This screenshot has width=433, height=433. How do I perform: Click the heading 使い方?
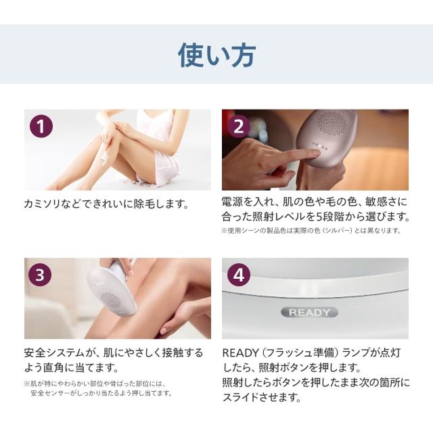point(216,55)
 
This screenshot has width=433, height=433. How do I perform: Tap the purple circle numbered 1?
point(41,127)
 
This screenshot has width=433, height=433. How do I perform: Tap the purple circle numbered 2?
point(239,127)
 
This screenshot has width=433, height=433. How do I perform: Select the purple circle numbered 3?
point(40,275)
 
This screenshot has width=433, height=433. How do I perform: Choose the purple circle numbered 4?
point(239,275)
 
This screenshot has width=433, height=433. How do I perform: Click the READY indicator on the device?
point(309,313)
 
